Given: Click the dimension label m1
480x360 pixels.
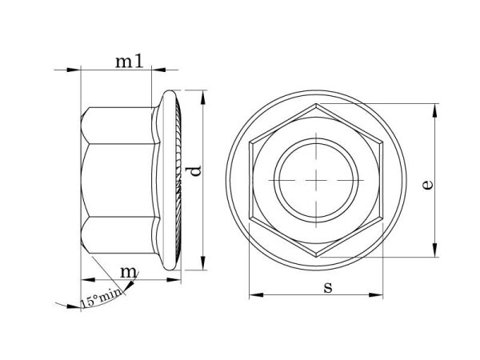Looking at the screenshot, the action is (129, 62).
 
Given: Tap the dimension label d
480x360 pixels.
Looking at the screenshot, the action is (195, 171).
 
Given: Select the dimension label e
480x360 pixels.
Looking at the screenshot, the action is (428, 185).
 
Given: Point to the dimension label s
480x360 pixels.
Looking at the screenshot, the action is (328, 288).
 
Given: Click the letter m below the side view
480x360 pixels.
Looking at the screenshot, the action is (129, 272).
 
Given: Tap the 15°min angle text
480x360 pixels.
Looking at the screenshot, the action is (101, 298).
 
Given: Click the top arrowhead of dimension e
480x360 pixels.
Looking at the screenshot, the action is (434, 110).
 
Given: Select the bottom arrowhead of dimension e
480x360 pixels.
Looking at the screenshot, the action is (434, 250).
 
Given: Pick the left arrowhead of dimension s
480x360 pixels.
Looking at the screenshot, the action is (256, 294).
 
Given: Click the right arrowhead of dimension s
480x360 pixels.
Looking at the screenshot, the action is (376, 294).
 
